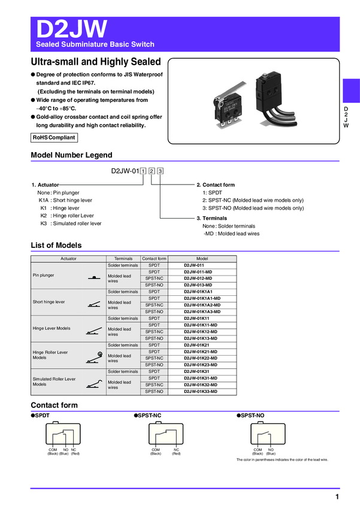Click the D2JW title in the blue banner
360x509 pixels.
tap(72, 29)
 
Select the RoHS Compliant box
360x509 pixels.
tap(55, 138)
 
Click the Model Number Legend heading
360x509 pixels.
tap(71, 155)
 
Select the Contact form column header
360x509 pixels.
tap(154, 259)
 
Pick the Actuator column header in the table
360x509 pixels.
tap(68, 259)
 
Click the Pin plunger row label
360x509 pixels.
tap(43, 275)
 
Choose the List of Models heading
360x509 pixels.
tap(56, 246)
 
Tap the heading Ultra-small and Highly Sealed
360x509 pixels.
tap(96, 62)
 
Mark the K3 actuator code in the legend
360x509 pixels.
tap(43, 223)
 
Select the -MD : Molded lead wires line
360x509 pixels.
tap(231, 234)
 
